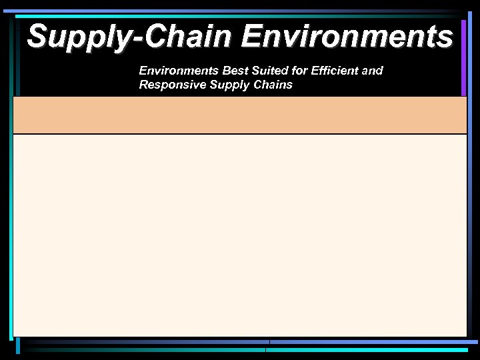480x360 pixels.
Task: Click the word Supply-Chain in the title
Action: [131, 36]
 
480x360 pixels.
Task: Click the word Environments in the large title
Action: [347, 36]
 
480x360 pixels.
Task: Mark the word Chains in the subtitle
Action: [273, 85]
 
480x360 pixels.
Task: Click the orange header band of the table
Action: [240, 115]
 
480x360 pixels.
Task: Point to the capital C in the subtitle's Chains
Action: [257, 85]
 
